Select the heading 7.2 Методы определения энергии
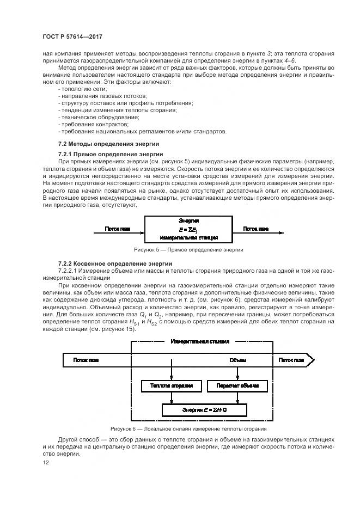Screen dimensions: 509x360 click(108, 144)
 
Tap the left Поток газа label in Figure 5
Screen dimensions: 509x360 click(117, 229)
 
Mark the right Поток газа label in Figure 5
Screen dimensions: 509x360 click(271, 229)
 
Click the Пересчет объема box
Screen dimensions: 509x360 click(237, 386)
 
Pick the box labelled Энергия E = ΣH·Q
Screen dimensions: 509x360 click(205, 409)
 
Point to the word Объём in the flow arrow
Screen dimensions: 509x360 click(237, 360)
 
